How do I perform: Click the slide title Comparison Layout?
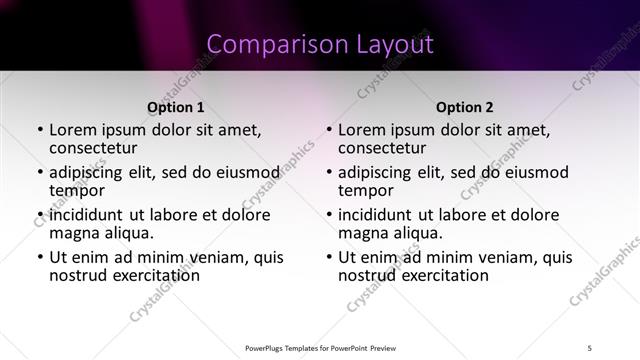pyautogui.click(x=320, y=44)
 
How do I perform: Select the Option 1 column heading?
pyautogui.click(x=175, y=107)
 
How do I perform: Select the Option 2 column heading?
pyautogui.click(x=464, y=107)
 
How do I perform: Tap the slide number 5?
pyautogui.click(x=591, y=348)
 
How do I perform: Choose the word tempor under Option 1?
pyautogui.click(x=77, y=189)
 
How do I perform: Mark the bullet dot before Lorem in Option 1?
pyautogui.click(x=39, y=130)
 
